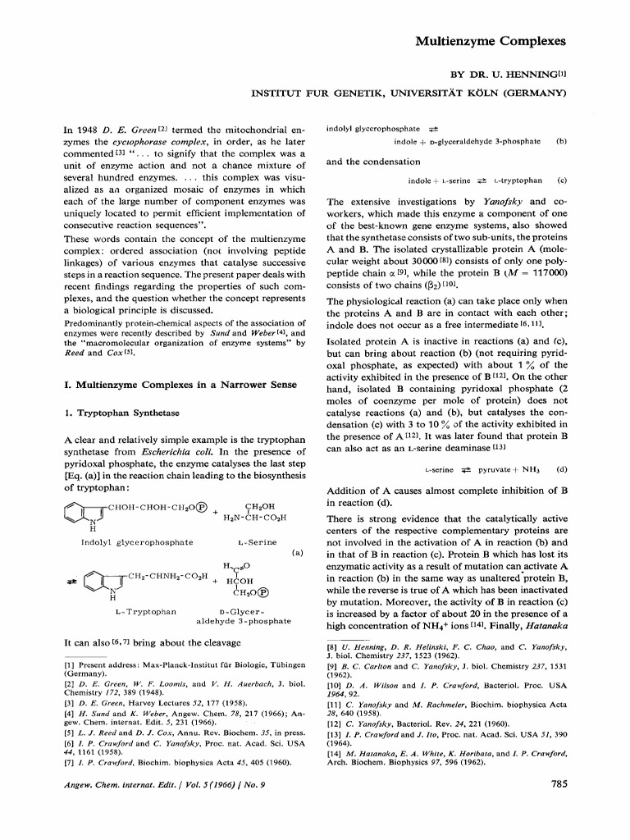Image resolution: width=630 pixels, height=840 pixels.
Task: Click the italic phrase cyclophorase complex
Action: [149, 141]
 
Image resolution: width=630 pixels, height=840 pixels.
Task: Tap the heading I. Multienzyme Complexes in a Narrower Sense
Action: [162, 383]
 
